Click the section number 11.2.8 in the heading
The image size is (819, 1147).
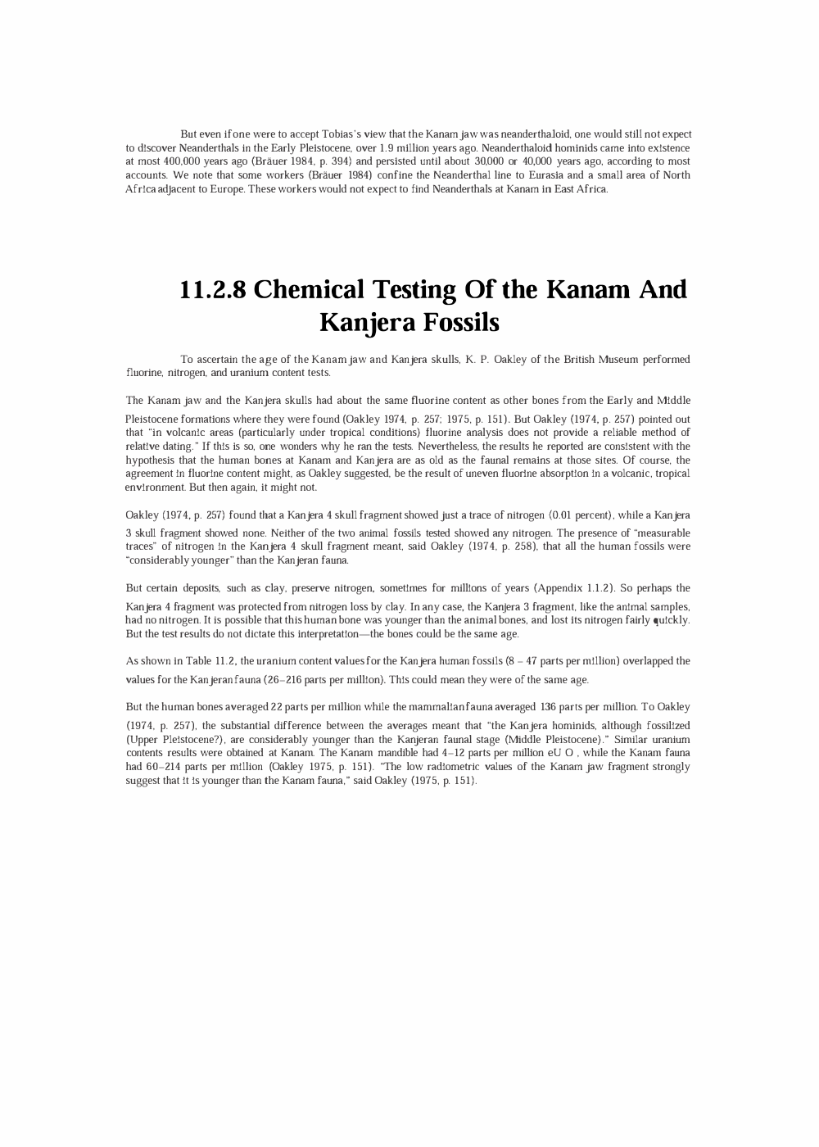click(x=213, y=290)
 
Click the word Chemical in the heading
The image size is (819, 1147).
click(x=309, y=290)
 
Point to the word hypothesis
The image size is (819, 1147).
click(x=152, y=460)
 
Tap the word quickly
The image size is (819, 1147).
click(x=671, y=620)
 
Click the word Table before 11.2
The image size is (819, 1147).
click(x=198, y=661)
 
